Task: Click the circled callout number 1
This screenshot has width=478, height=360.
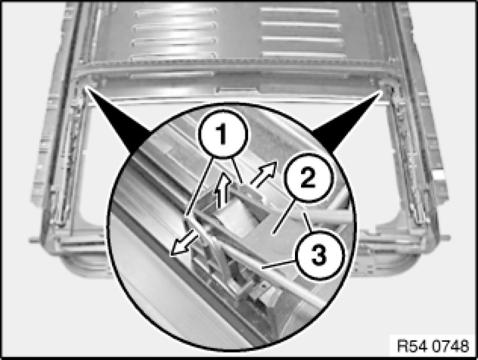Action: pos(223,134)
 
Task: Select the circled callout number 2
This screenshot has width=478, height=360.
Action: pos(308,178)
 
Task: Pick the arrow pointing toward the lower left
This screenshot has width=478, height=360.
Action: pos(184,243)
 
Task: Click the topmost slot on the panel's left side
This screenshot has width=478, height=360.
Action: pos(175,12)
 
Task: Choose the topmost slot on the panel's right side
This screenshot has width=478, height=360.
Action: pos(300,11)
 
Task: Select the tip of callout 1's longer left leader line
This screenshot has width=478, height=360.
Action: pos(186,217)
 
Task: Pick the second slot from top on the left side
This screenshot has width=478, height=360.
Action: pos(175,27)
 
